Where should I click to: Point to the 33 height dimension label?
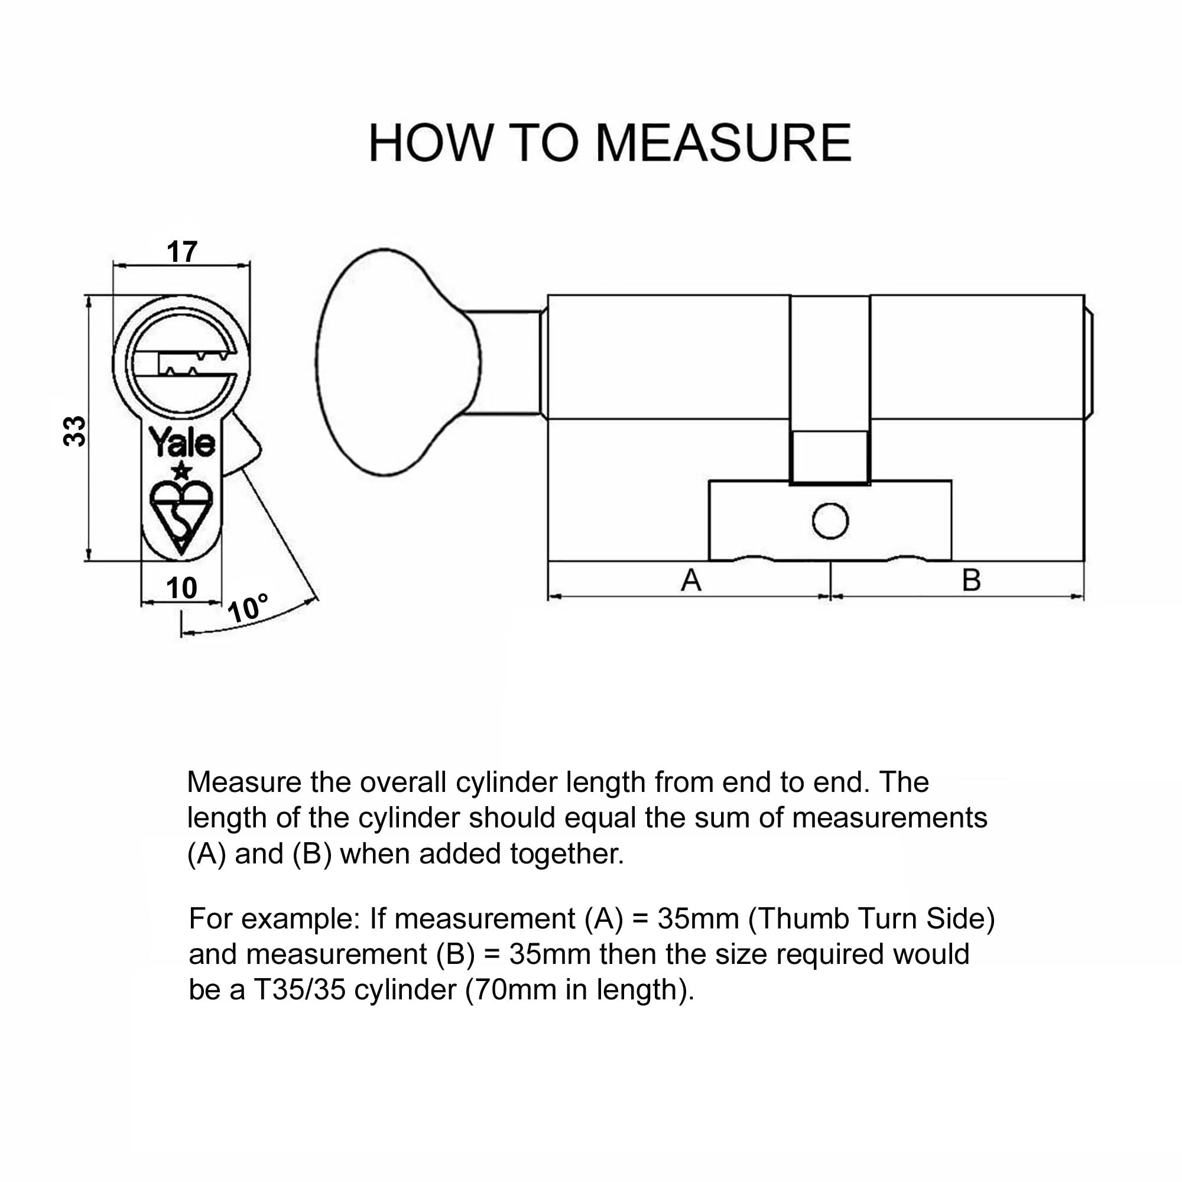click(x=75, y=431)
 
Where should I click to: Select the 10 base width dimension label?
click(x=181, y=588)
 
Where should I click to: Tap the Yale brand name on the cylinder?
click(x=181, y=443)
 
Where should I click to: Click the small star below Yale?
click(x=181, y=472)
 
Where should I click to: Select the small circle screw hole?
click(x=830, y=521)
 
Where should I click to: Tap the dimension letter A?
click(x=691, y=579)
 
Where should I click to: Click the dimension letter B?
click(x=972, y=579)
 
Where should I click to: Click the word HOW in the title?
click(x=430, y=143)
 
